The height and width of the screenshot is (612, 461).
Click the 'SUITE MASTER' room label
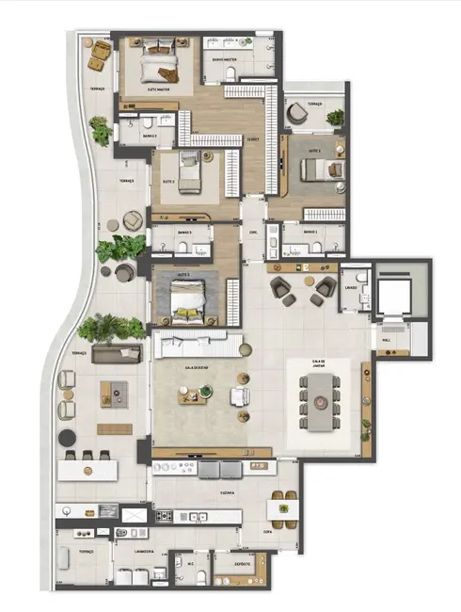coord(157,89)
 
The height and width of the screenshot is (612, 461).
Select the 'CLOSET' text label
coord(253,139)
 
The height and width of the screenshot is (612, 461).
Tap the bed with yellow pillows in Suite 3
coord(188,299)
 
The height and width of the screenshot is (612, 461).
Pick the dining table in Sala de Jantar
coord(320,404)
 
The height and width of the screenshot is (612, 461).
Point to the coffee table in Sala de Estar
coord(195,396)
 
